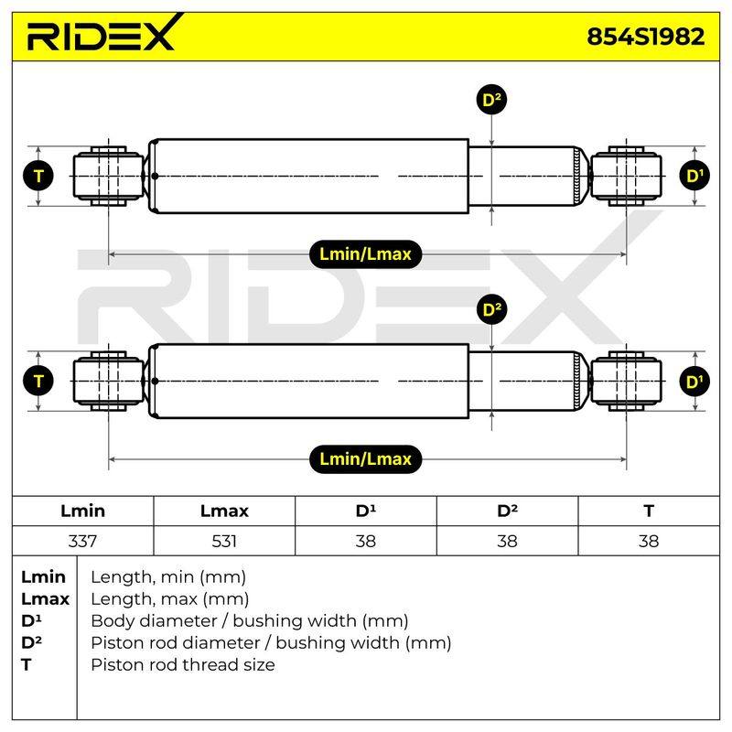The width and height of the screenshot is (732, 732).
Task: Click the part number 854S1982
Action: [x=646, y=37]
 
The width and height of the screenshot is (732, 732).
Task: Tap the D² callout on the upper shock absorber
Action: [x=491, y=100]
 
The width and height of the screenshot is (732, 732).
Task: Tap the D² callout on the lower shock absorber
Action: [x=491, y=309]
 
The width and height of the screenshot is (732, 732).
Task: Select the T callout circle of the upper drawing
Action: [x=38, y=176]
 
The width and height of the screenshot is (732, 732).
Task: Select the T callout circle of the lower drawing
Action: [x=38, y=381]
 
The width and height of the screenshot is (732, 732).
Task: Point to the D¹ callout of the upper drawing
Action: [x=694, y=176]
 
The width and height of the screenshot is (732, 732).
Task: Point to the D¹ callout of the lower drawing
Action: [x=694, y=381]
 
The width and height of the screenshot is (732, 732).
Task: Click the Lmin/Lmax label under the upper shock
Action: [x=365, y=254]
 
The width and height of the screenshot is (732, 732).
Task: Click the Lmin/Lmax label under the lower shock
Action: [x=365, y=459]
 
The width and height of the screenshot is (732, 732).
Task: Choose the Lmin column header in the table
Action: [x=82, y=511]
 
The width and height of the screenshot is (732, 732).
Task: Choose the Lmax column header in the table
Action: [x=224, y=511]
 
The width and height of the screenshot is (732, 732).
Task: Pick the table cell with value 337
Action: [x=82, y=541]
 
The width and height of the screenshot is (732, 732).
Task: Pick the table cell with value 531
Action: [x=224, y=541]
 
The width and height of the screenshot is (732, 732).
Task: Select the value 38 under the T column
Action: [x=649, y=541]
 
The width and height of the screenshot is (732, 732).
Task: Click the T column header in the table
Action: [x=649, y=511]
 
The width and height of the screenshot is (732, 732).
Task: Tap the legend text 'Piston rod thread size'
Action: [x=182, y=665]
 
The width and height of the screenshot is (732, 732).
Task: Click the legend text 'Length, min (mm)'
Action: [x=168, y=577]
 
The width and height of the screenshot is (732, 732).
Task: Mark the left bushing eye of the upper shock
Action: [x=108, y=176]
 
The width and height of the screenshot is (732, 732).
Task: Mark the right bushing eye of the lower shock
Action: [x=626, y=381]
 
